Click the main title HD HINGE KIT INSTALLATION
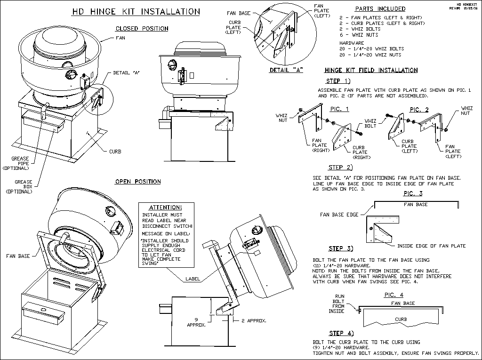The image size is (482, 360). pos(136,11)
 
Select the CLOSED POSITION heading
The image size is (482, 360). pos(142,29)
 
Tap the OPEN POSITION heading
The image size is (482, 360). pos(138,182)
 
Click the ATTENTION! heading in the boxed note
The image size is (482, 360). pos(165,208)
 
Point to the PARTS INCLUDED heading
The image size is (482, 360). pos(380,9)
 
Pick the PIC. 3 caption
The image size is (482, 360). pos(413,193)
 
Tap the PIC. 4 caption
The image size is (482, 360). pos(394,295)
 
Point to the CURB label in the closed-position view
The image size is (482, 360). pos(115,152)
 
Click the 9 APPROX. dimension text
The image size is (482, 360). pos(194,321)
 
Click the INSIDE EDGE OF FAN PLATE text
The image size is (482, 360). pos(431,246)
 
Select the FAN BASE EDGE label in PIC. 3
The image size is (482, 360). pos(338,214)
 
